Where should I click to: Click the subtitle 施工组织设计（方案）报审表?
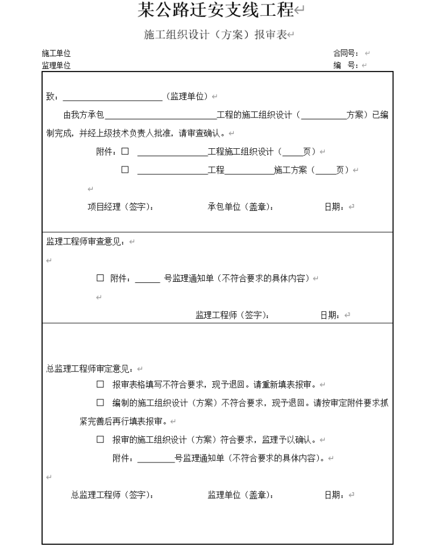point(216,36)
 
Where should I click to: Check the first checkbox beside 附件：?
point(125,152)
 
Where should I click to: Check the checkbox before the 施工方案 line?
point(125,169)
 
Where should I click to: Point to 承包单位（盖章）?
point(240,207)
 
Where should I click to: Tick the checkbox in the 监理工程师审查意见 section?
point(100,278)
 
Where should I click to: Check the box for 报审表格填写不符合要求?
point(100,385)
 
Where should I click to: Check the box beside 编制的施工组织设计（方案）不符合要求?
point(100,403)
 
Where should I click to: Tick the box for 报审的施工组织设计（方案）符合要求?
point(100,440)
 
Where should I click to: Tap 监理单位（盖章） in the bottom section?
point(240,495)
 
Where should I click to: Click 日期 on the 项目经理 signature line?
point(334,207)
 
